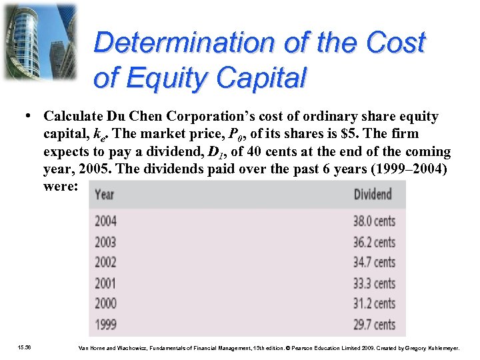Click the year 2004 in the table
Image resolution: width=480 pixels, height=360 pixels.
[105, 221]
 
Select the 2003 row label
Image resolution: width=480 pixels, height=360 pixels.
[105, 242]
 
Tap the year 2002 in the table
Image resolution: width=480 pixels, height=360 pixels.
[105, 263]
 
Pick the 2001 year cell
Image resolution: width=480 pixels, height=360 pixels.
[105, 283]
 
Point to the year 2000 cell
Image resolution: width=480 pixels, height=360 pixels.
[105, 304]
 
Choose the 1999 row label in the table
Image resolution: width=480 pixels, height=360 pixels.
[105, 325]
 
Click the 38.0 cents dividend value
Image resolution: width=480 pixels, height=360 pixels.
[374, 221]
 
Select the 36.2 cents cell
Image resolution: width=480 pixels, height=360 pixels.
[374, 242]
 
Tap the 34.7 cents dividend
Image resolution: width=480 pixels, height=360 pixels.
[374, 263]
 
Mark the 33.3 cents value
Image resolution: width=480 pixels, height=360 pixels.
[374, 283]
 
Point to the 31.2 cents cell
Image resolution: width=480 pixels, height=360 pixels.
[374, 304]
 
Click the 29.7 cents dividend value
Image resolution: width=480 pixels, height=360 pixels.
[374, 325]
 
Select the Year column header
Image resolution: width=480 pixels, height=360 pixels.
[105, 195]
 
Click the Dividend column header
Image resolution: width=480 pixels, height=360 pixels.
[373, 195]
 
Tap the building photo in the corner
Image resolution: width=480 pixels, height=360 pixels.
[39, 41]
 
